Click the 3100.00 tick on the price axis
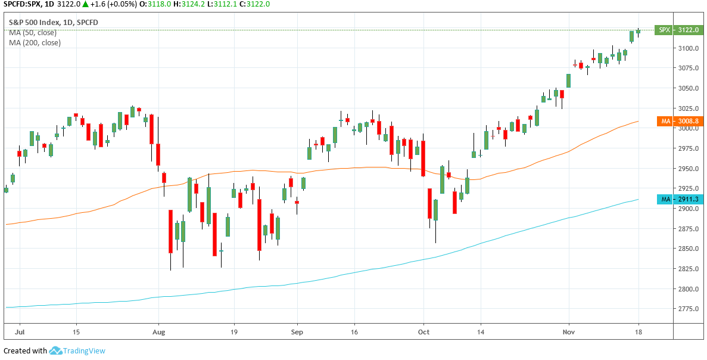pos(687,48)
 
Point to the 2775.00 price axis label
pos(687,309)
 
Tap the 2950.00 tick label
pos(687,169)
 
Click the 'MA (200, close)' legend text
pos(35,43)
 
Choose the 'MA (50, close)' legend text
pos(33,33)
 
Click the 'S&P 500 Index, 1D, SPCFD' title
pos(53,23)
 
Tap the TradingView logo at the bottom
pos(77,351)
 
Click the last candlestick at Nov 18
pos(638,32)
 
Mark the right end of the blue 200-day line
pos(639,199)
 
